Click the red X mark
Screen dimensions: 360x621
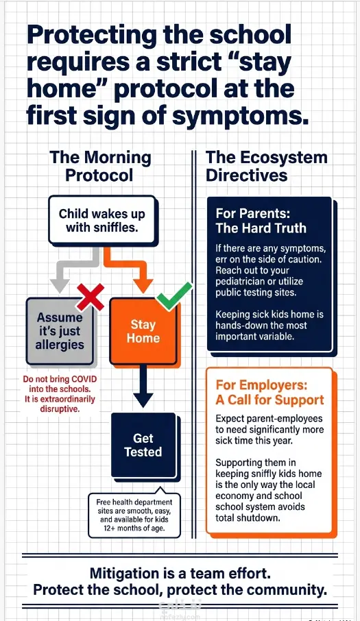[x=91, y=297]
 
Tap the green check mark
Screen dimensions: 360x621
[x=174, y=297]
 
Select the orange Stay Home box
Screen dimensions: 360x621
[x=143, y=331]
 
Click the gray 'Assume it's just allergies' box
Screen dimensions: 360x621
[x=60, y=331]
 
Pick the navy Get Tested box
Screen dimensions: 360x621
[x=143, y=445]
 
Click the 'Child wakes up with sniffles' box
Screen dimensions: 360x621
[x=101, y=220]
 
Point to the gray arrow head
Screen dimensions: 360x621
[x=60, y=286]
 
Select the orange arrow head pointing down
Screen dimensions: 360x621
[x=143, y=286]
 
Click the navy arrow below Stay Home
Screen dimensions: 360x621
[x=143, y=386]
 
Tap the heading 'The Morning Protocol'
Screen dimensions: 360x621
[x=100, y=166]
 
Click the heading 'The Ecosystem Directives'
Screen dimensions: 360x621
[x=267, y=166]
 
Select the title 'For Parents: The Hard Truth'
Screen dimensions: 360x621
[x=261, y=221]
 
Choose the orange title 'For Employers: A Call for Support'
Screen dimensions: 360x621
[x=269, y=392]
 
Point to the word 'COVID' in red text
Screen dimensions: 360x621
[x=84, y=379]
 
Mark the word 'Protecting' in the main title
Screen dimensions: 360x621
[x=92, y=35]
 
